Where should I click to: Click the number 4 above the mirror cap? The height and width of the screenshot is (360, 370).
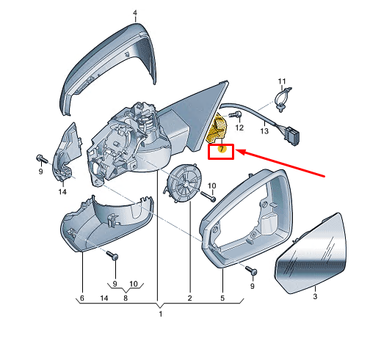point(135,13)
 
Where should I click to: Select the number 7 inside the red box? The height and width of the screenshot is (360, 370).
point(222,149)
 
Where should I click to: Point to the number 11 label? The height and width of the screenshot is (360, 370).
point(282,81)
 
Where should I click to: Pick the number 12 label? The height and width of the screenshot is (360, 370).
point(239,128)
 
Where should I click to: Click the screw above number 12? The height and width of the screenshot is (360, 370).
point(235,114)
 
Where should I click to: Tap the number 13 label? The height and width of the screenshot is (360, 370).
point(264,131)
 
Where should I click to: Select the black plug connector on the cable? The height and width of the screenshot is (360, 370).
point(292,135)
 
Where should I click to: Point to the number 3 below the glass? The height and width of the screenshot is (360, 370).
point(315,296)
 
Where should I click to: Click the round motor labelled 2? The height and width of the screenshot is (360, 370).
point(183,183)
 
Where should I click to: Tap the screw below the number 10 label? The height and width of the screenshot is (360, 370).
point(208,196)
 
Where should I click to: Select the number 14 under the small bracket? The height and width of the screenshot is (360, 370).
point(62,191)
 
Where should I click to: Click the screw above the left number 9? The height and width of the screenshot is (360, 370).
point(42,158)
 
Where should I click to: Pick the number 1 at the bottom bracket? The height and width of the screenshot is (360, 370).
point(161,314)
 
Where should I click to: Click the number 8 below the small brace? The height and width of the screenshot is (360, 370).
point(126,298)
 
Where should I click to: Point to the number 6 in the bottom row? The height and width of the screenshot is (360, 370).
point(82,298)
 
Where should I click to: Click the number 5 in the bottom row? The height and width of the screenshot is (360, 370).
point(222,298)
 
